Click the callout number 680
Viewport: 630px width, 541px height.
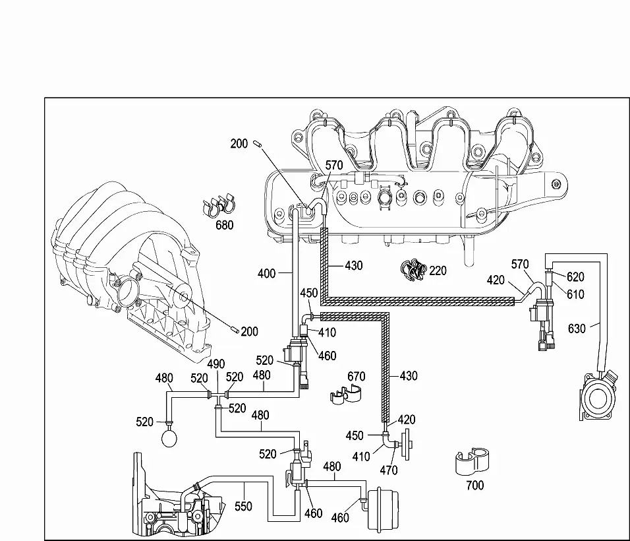(x=224, y=225)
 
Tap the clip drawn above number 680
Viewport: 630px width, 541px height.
(x=219, y=205)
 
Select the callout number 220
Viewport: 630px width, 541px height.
(x=438, y=270)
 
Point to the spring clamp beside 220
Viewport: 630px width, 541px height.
(x=414, y=270)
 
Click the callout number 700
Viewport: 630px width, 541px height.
(x=475, y=486)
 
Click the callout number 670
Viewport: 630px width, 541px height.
(x=356, y=377)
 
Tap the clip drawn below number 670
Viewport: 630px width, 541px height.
(x=345, y=394)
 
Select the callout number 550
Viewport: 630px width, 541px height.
(x=243, y=507)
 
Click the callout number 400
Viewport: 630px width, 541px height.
(x=266, y=274)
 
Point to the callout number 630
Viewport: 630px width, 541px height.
(x=577, y=329)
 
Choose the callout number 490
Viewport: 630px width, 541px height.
(x=215, y=364)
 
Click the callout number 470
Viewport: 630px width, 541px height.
(x=389, y=470)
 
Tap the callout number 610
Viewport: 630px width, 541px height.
(x=575, y=294)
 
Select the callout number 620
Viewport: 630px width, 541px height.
(x=575, y=276)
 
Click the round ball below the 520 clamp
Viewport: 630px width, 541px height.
(x=169, y=437)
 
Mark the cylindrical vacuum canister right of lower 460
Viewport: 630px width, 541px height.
(x=384, y=509)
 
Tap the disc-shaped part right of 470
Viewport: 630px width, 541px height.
(x=408, y=444)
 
